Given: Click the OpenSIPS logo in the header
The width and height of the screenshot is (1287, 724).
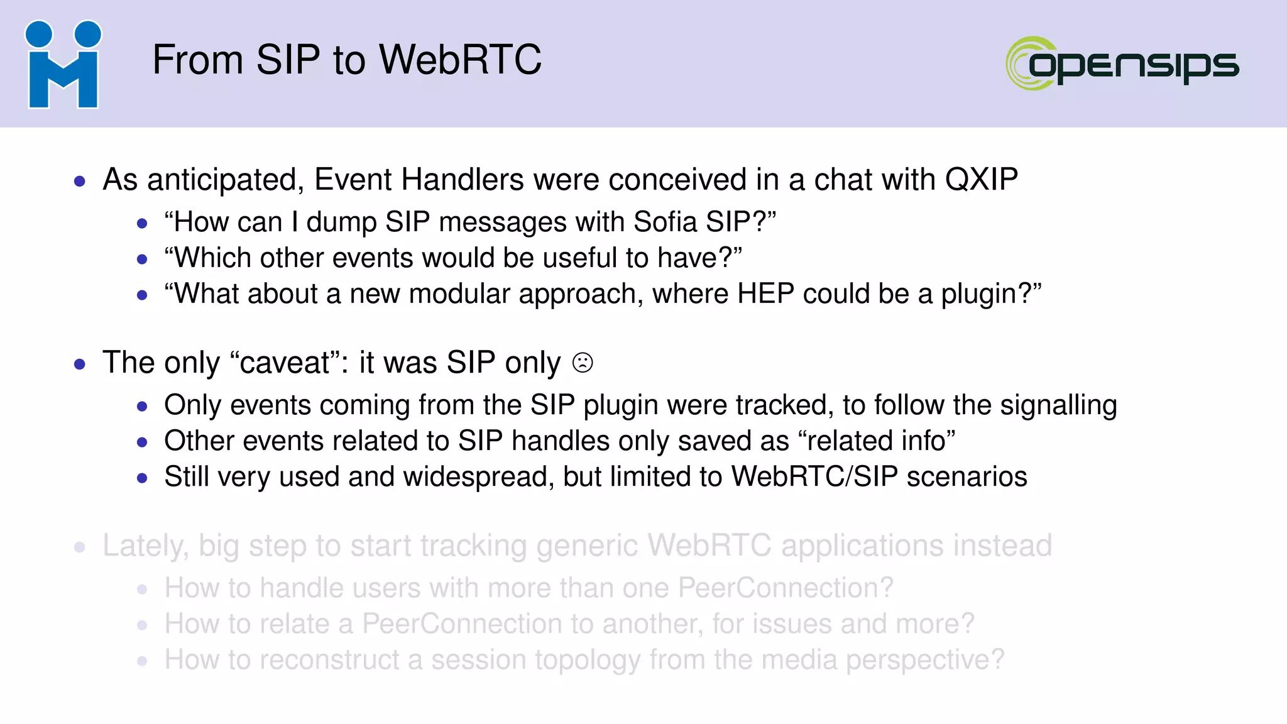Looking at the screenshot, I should point(1122,63).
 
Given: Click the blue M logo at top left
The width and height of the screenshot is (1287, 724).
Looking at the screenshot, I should point(63,65).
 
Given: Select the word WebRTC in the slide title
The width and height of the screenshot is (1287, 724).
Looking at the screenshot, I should point(460,60).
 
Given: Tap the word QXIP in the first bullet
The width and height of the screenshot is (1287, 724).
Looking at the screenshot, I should point(981,180).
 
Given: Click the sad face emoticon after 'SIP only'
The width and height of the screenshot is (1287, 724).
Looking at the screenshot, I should point(583,363).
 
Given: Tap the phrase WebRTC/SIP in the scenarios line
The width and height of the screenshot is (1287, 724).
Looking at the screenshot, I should point(814,477).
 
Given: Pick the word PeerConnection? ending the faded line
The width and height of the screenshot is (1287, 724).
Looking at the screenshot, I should point(786,588).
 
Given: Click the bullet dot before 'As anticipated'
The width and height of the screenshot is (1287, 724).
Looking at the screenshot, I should point(80,182).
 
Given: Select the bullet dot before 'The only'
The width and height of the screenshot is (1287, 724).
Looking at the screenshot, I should point(80,365).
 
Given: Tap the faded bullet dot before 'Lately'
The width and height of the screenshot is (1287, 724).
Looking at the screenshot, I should point(80,547).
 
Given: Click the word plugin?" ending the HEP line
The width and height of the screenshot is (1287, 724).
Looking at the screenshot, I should point(991,294).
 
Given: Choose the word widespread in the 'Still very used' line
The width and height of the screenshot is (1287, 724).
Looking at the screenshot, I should point(478,477).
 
